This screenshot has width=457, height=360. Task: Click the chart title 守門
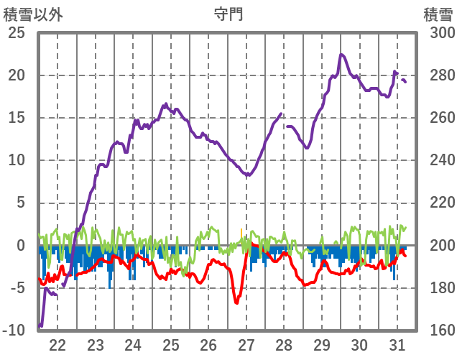[228, 14]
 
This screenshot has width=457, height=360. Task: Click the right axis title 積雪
[438, 14]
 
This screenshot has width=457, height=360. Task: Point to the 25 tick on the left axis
[17, 34]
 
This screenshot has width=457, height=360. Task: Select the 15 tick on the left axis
[17, 118]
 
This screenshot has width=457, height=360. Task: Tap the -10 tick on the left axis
[14, 330]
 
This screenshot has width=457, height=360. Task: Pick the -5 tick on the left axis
[17, 287]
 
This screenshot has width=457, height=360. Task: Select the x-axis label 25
[170, 344]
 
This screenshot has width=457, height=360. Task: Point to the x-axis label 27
[246, 344]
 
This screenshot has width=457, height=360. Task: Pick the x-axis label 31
[397, 344]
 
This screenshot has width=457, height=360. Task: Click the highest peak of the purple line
[341, 55]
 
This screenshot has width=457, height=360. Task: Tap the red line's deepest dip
[236, 303]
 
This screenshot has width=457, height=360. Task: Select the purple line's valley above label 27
[248, 175]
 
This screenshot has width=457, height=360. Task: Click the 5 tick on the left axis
[20, 203]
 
